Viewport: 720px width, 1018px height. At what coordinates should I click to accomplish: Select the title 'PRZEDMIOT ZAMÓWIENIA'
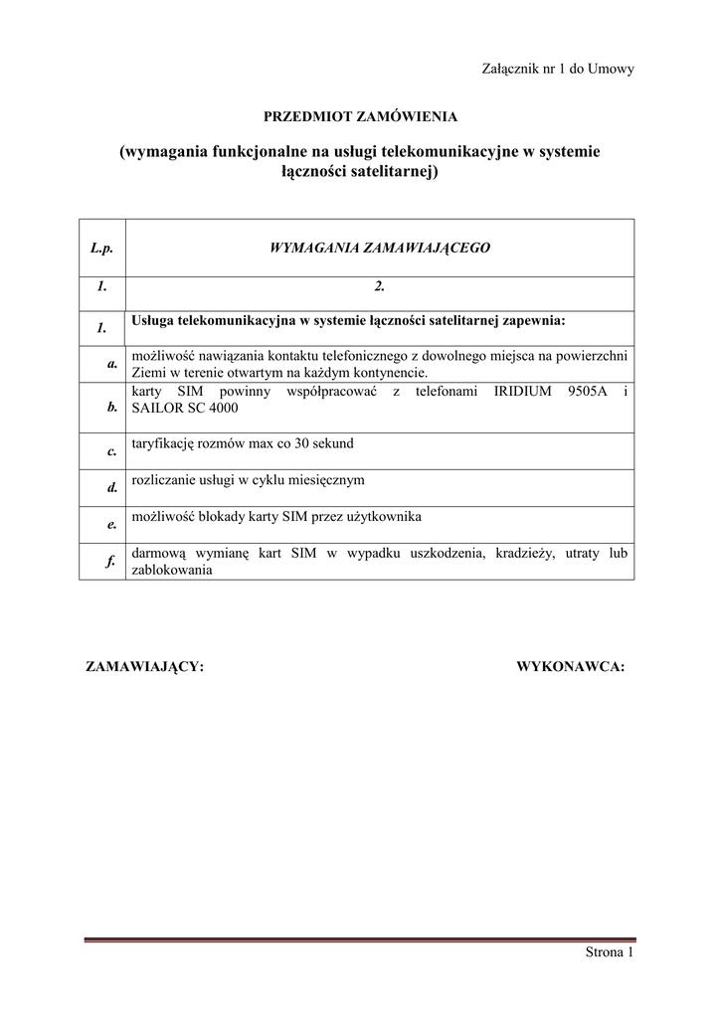point(360,116)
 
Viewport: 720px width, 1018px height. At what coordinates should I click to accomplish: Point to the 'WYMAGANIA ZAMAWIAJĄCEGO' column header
point(380,248)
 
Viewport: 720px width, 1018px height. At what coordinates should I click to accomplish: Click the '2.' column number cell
point(380,287)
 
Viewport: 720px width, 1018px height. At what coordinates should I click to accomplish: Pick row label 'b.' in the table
point(112,407)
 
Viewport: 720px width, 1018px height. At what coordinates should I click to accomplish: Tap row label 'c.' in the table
point(112,451)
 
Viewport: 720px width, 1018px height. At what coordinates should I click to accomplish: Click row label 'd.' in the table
point(112,488)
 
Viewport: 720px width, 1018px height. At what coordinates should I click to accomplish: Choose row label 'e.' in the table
point(112,525)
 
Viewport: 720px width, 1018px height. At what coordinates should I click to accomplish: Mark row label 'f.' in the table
point(112,562)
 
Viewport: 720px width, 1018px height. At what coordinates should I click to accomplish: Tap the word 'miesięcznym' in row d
point(326,479)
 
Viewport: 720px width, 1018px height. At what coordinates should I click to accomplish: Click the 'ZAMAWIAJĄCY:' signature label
point(146,666)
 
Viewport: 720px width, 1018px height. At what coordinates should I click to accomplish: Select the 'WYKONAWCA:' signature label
point(570,666)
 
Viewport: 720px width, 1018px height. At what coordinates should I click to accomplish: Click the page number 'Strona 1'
point(609,953)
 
